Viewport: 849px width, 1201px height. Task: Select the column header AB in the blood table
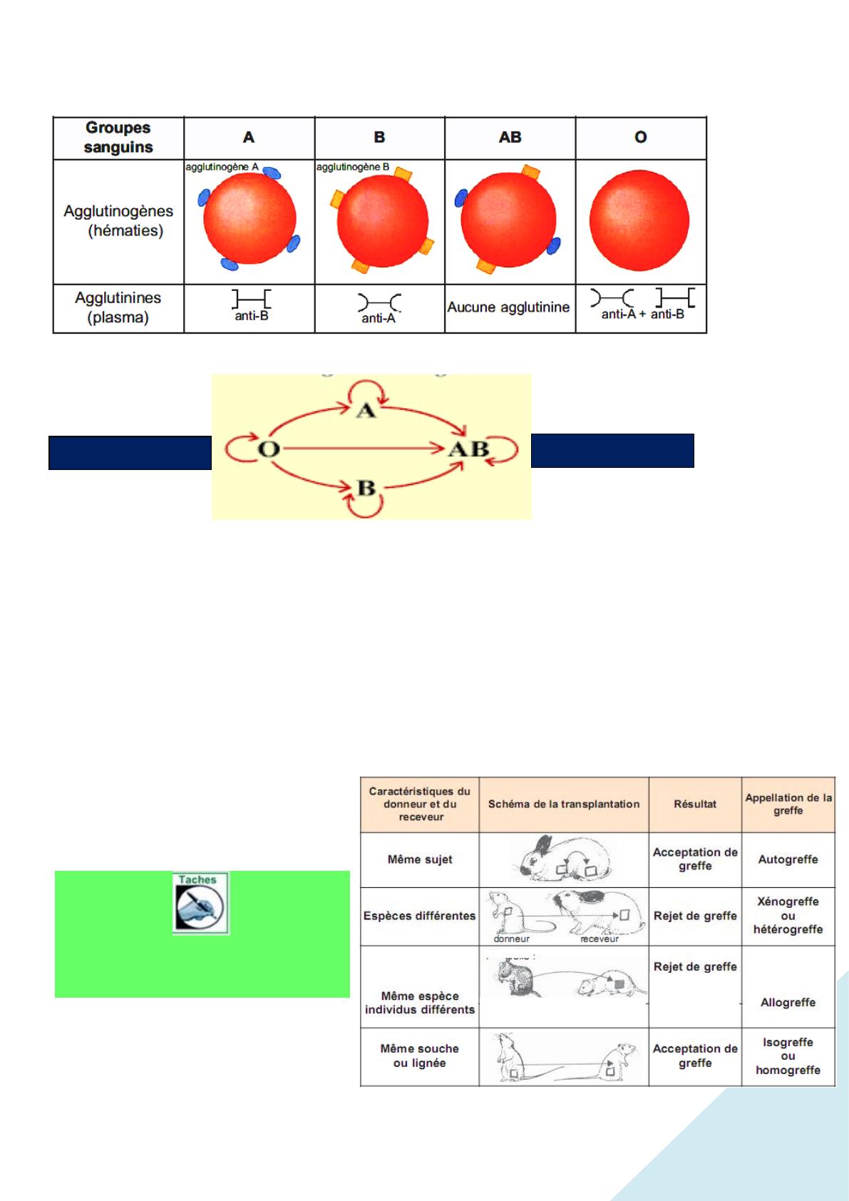[x=510, y=137]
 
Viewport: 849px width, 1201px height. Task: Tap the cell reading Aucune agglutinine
[x=508, y=307]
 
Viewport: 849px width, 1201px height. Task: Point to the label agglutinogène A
[x=222, y=167]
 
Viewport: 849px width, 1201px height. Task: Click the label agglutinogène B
[x=352, y=167]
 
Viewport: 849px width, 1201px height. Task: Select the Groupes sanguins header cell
[x=118, y=138]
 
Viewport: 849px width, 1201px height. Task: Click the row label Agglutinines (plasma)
[x=118, y=307]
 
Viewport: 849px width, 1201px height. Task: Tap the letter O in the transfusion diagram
[x=268, y=449]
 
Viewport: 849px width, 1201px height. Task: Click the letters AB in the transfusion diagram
[x=468, y=449]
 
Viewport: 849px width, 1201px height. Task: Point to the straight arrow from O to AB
[x=364, y=449]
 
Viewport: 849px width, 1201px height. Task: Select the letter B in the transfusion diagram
[x=366, y=489]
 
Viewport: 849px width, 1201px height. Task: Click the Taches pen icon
[x=200, y=904]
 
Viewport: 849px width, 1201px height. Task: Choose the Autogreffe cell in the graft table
[x=788, y=859]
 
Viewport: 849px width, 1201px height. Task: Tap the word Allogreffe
[x=788, y=1002]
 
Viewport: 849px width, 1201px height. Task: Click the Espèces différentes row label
[x=419, y=916]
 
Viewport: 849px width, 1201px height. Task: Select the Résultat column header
[x=695, y=804]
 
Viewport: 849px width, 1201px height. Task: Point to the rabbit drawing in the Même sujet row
[x=563, y=859]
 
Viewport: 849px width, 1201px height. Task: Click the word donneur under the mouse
[x=511, y=939]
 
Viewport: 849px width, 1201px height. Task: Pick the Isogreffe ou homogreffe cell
[x=788, y=1056]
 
